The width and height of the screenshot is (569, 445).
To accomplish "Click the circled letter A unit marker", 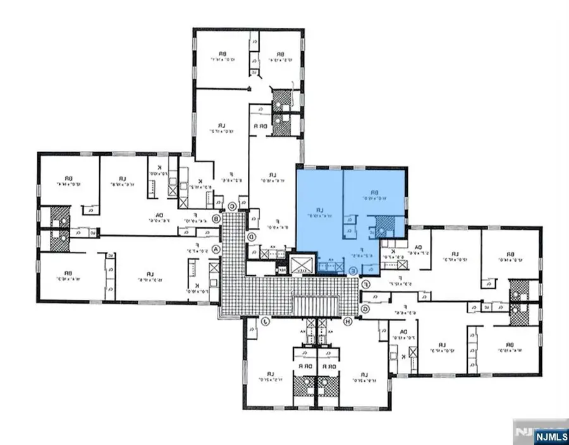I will click(x=219, y=249).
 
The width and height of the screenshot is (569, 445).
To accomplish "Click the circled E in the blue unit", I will click(x=353, y=270).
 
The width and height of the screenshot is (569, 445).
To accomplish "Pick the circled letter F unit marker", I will click(x=365, y=285).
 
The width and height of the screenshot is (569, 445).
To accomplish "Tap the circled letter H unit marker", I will click(x=347, y=322).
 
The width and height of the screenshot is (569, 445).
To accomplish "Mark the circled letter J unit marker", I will click(x=266, y=322).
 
